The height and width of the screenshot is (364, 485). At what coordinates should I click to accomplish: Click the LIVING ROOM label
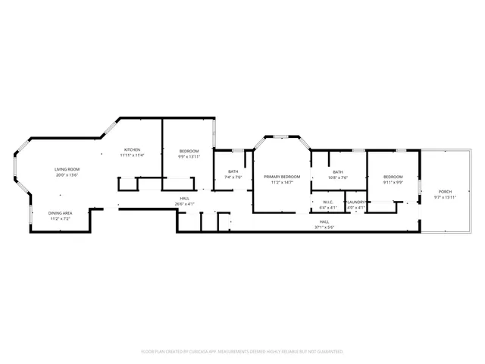(x=67, y=169)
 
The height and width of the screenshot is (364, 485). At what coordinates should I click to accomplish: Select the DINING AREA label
(x=61, y=213)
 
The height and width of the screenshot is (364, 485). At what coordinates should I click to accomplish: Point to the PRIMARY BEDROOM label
(x=282, y=177)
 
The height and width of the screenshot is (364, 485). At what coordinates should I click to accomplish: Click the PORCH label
(x=445, y=192)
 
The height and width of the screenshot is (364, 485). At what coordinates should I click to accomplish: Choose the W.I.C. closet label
(x=328, y=202)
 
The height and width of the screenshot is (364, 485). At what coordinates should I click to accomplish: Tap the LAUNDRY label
(x=357, y=202)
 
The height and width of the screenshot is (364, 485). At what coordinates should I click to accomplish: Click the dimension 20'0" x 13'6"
(x=67, y=174)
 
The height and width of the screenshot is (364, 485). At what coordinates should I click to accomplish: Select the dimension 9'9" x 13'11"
(x=189, y=157)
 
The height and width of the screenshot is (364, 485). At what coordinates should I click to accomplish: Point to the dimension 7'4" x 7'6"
(x=233, y=177)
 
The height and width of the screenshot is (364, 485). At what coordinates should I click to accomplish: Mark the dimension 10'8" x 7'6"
(x=338, y=177)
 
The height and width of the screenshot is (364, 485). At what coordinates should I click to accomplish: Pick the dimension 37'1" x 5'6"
(x=324, y=227)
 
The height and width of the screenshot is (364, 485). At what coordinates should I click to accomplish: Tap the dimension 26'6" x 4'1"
(x=185, y=203)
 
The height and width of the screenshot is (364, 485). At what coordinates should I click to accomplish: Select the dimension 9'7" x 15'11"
(x=445, y=197)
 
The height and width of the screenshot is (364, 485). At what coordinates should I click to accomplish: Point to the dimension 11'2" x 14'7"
(x=282, y=182)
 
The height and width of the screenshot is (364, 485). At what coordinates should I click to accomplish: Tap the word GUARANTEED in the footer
(x=329, y=352)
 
